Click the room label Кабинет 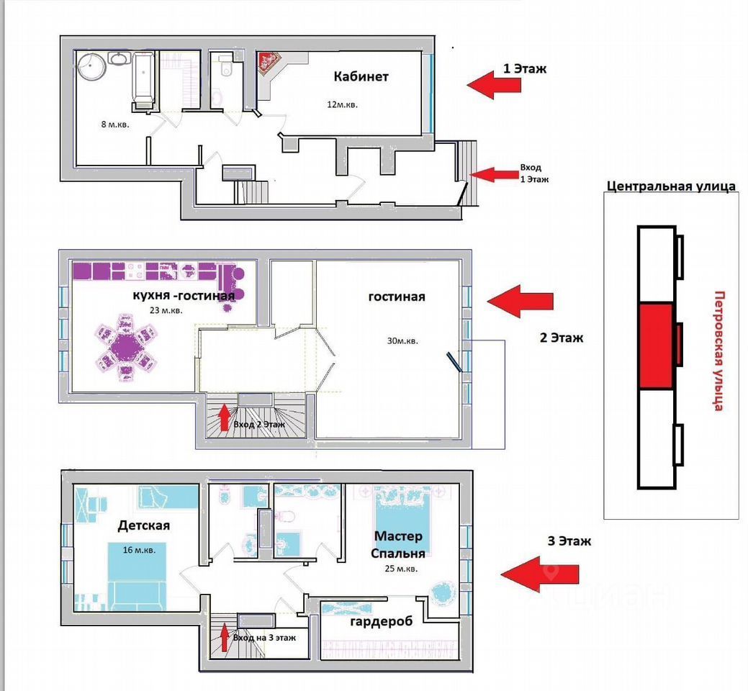coord(361,76)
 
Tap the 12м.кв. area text coord(342,104)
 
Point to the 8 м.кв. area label coord(115,125)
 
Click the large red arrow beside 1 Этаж coord(494,85)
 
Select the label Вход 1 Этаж coord(533,173)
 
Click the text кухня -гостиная coord(184,296)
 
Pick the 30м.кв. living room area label coord(402,341)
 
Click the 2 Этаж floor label coord(561,338)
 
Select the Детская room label coord(143,525)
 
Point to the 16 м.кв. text coord(139,550)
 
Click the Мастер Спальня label coord(398,545)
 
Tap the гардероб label coord(381,621)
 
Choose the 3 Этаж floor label coord(569,541)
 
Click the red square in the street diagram coord(657,346)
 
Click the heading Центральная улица coord(671,186)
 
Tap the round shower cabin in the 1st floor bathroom coord(91,66)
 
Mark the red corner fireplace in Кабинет coord(269,63)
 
